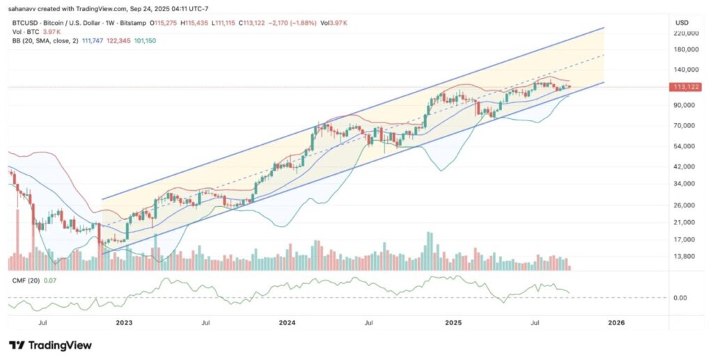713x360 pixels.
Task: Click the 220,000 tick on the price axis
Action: (x=685, y=33)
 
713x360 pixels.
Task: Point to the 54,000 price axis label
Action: (x=686, y=146)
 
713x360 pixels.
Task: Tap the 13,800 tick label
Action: (x=686, y=257)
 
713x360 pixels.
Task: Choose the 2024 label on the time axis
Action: (x=288, y=323)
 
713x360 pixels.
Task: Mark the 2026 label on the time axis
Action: (x=616, y=323)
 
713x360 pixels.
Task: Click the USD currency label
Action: (x=682, y=22)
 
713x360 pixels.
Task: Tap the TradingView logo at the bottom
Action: (x=50, y=345)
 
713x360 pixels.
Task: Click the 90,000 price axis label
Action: (x=686, y=105)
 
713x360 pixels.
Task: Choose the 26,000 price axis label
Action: (x=686, y=205)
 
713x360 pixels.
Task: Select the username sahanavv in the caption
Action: (x=24, y=8)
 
